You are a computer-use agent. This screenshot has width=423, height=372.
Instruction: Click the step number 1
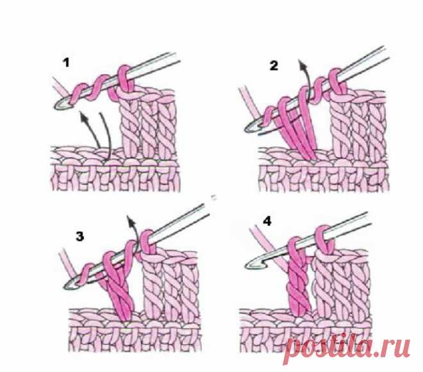[66, 63]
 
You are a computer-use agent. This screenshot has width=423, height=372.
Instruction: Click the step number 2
[274, 65]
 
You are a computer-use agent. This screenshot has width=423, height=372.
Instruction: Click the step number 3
[80, 237]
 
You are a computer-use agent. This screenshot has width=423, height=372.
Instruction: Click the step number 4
[267, 222]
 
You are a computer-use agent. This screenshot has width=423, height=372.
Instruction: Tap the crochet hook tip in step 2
[247, 129]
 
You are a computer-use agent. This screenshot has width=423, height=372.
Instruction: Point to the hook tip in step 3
[65, 287]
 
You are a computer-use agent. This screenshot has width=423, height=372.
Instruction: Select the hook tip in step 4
[248, 266]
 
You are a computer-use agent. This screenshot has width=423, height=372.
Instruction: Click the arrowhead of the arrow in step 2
[302, 63]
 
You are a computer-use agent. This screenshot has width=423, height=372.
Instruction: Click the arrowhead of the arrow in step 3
[131, 220]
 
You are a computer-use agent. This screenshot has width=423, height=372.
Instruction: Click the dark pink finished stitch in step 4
[298, 278]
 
